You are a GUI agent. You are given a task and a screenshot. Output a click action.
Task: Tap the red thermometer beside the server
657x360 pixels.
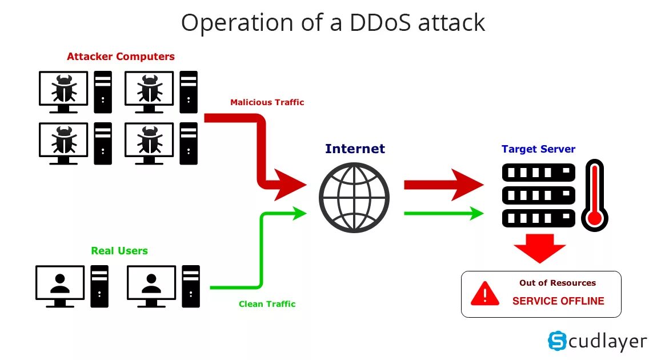click(x=595, y=195)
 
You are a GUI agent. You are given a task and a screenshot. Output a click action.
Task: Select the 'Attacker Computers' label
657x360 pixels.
click(x=121, y=57)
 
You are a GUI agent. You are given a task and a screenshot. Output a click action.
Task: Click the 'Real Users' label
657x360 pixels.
click(x=119, y=251)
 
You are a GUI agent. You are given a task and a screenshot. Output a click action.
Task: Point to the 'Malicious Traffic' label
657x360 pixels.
click(x=267, y=102)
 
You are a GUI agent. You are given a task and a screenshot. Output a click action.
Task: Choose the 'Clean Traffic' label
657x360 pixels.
click(x=267, y=304)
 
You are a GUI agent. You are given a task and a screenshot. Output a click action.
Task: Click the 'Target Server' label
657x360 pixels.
click(x=538, y=149)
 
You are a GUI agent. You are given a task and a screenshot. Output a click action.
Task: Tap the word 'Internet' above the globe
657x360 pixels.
click(x=355, y=149)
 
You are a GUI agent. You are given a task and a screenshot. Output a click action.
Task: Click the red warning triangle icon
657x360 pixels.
click(x=484, y=294)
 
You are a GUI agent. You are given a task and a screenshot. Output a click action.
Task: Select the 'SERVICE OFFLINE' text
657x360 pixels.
click(x=558, y=301)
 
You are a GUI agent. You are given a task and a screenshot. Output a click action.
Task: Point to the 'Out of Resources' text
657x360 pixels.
click(x=557, y=283)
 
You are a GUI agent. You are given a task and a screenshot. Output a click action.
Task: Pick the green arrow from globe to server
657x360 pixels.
click(x=444, y=214)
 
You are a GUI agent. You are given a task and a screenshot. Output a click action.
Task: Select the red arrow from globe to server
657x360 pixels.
click(x=444, y=185)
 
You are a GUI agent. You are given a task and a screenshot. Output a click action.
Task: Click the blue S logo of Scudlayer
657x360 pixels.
click(x=556, y=341)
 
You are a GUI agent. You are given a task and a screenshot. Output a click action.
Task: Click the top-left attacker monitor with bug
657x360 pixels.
click(x=63, y=89)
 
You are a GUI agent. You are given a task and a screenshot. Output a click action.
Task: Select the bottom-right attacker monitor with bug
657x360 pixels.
click(x=149, y=140)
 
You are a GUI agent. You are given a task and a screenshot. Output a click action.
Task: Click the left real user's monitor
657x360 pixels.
click(x=59, y=283)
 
